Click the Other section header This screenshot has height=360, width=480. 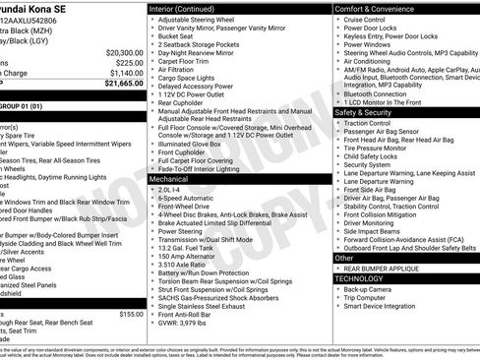point(343,258)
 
